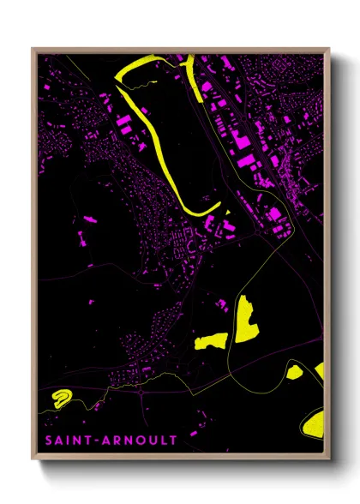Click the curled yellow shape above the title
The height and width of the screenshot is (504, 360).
pos(61,396)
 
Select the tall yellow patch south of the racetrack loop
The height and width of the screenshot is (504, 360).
pos(246,319)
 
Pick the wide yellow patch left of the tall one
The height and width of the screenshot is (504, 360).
pos(212,341)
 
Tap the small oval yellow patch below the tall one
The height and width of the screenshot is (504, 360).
pos(294,371)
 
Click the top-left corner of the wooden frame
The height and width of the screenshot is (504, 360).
pos(33,49)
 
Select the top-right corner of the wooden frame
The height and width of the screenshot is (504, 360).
pos(329,49)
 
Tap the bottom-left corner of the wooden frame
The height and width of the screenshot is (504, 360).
pos(33,462)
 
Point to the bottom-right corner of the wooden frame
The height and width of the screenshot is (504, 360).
pos(329,462)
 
